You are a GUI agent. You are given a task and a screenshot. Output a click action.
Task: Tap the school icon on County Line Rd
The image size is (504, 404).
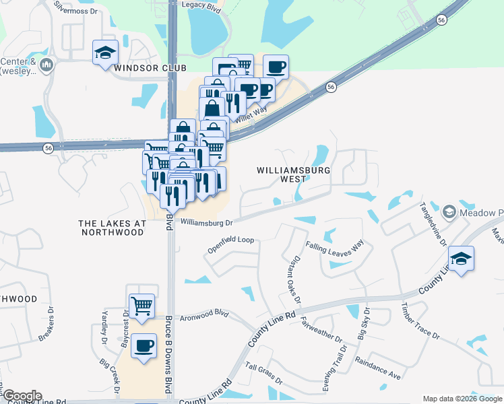(461, 259)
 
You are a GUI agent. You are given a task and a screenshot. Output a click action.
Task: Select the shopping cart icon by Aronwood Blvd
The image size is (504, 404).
(141, 306)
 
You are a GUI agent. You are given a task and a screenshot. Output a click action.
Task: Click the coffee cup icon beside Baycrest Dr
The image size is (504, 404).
(144, 346)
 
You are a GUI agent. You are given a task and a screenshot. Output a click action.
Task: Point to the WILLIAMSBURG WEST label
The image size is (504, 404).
(294, 175)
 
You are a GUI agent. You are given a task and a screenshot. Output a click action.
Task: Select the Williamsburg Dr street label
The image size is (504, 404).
(206, 222)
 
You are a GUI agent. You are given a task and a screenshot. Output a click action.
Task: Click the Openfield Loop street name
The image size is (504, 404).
(230, 244)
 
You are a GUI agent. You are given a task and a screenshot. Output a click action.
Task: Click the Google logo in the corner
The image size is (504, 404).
(22, 396)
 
